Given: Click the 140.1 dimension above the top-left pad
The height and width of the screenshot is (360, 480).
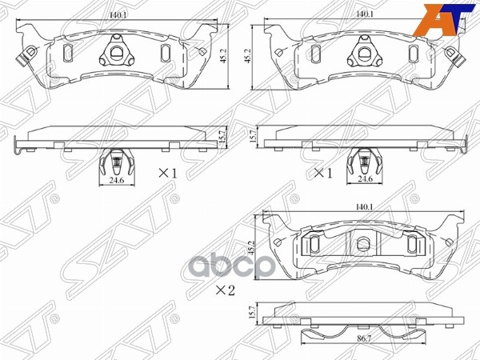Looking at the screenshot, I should pos(120,14).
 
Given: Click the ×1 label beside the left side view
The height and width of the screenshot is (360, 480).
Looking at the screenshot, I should pos(166,173).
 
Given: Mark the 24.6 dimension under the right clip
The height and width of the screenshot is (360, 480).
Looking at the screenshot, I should pos(366,180).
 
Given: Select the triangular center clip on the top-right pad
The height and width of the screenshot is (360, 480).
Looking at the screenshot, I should pos(364,54).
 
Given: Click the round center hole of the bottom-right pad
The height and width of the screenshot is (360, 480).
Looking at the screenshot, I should pos(364,244).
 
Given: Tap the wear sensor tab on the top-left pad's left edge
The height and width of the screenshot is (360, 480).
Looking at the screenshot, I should pos(25,58).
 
